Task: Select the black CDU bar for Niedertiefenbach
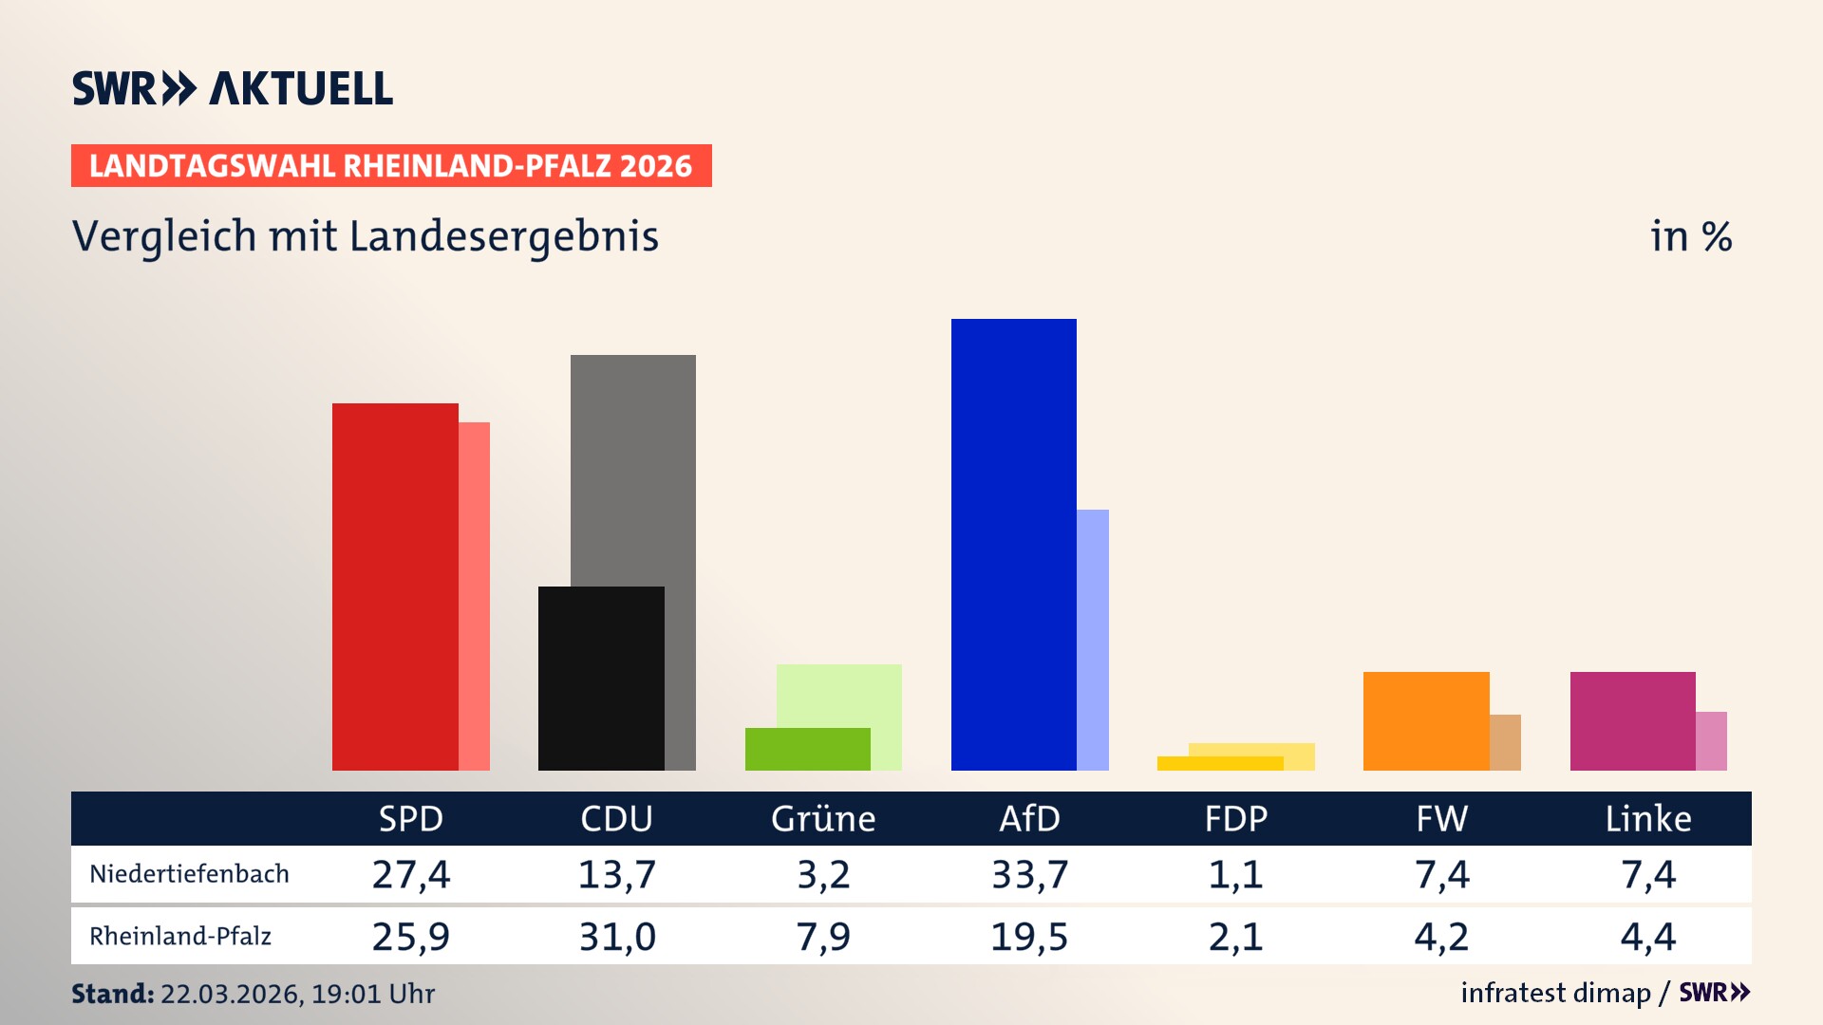601,678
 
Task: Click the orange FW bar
1426,720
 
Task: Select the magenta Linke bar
1632,720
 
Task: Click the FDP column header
1235,818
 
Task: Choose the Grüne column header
823,818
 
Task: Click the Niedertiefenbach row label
189,874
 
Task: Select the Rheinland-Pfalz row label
180,937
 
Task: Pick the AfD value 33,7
1029,874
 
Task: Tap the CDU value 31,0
617,937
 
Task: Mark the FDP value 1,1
1235,874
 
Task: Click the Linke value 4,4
1648,937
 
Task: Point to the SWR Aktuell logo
233,88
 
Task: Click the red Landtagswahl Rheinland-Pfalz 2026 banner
391,166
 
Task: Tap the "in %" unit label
1691,236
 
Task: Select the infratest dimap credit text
1555,993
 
